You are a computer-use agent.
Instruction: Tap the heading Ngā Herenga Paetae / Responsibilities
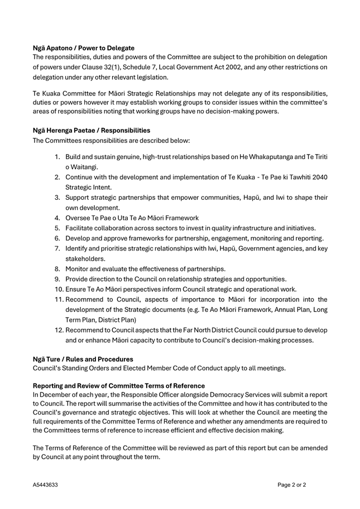(92, 130)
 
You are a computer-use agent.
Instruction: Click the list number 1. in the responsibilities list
(57, 157)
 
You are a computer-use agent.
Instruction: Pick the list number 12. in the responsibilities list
(60, 329)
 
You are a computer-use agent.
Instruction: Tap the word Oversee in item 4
(79, 218)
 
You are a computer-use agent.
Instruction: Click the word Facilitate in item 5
(81, 228)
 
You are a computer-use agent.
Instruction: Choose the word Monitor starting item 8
(79, 268)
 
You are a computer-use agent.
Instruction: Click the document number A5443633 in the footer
(45, 485)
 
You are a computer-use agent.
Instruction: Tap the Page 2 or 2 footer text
(291, 485)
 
